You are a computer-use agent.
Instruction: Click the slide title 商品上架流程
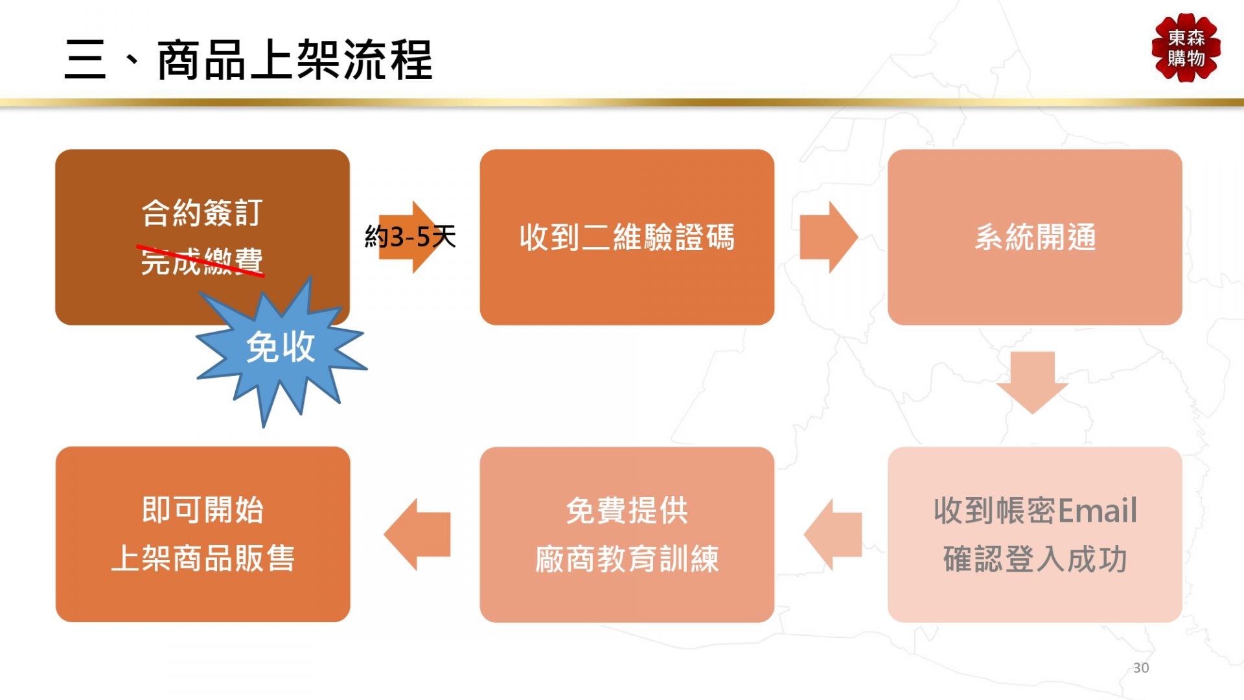click(295, 60)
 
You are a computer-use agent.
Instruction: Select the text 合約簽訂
click(202, 213)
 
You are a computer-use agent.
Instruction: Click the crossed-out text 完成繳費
click(202, 261)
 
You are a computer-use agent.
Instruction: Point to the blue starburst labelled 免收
click(281, 350)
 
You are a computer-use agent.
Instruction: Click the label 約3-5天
click(410, 237)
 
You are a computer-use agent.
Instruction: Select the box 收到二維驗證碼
click(627, 237)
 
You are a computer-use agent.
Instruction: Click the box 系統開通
click(1035, 237)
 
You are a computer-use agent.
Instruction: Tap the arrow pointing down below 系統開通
click(1033, 382)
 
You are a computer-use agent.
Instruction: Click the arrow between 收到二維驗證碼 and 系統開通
click(829, 237)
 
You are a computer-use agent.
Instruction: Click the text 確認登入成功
click(1035, 559)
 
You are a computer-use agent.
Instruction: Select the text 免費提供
click(627, 511)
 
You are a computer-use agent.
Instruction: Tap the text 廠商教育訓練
click(627, 559)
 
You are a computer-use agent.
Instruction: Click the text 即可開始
click(203, 510)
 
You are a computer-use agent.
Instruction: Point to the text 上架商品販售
click(203, 559)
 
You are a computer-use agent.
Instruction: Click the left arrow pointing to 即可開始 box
click(417, 535)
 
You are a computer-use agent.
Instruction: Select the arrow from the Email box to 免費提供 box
click(833, 535)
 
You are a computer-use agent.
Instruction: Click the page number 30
click(1141, 668)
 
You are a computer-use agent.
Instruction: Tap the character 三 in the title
click(85, 60)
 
